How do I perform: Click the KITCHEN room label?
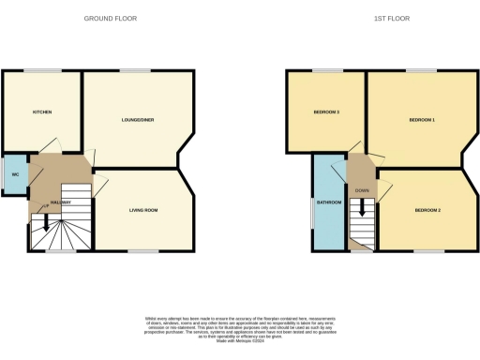click(42, 112)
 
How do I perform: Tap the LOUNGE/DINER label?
click(138, 120)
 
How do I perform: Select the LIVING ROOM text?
click(142, 210)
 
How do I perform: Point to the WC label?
click(15, 175)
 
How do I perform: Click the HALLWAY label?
click(61, 202)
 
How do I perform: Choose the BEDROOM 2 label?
click(427, 210)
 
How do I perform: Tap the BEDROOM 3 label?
click(326, 112)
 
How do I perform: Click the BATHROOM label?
click(328, 202)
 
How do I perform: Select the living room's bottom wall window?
click(142, 251)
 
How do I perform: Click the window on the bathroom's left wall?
click(313, 208)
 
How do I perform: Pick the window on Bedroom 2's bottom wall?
click(427, 251)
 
